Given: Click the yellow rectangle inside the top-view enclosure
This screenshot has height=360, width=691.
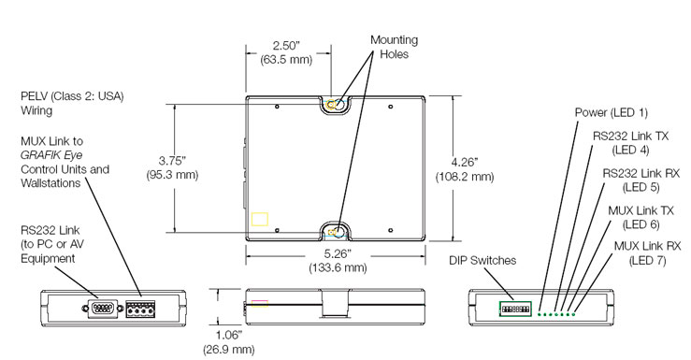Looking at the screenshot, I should tap(259, 219).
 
